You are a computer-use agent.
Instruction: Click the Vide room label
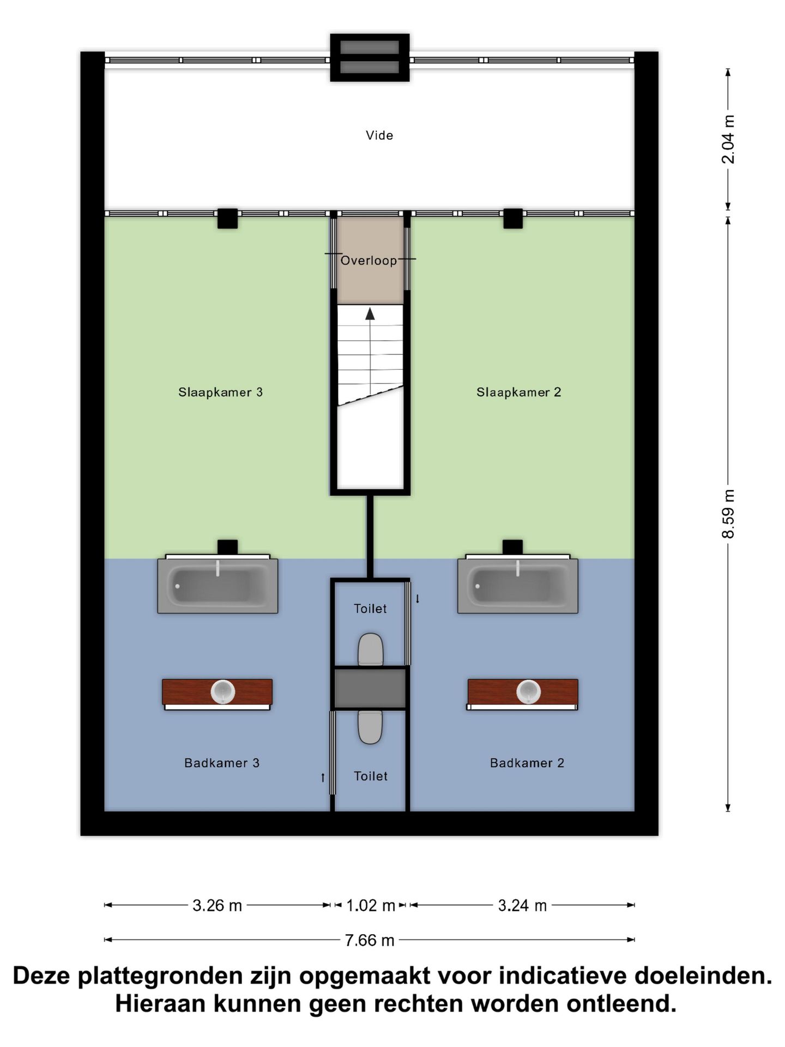point(379,135)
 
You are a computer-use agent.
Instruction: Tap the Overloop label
point(369,261)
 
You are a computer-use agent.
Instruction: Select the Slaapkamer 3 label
point(221,392)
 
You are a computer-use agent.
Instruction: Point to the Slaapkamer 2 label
point(519,392)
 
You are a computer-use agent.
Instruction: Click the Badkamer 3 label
point(222,763)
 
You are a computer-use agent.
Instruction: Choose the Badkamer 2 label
point(527,763)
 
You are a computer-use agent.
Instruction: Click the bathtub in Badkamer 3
point(218,586)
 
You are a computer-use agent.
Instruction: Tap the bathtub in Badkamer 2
point(518,586)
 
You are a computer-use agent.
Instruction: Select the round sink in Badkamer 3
point(223,692)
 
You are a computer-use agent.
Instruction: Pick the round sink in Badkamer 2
point(529,692)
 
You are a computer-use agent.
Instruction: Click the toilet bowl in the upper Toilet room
point(371,649)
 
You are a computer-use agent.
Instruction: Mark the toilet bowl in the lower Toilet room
point(370,727)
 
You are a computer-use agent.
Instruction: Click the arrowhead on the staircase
point(370,314)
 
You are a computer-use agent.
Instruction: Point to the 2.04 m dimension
point(728,139)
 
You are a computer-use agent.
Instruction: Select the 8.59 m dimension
point(728,514)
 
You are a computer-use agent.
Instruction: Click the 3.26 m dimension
point(217,906)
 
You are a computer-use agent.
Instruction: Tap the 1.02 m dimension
point(371,906)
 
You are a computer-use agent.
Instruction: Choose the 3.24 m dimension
point(522,906)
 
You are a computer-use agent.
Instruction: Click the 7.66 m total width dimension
point(370,940)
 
